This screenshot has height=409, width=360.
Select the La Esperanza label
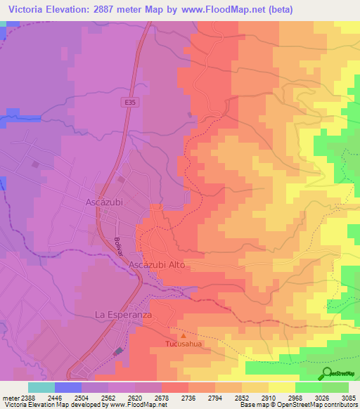tap(124, 315)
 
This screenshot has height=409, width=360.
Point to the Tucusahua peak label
tap(184, 344)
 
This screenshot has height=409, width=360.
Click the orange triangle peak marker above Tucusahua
tap(184, 335)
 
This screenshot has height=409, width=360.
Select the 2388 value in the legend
tap(26, 397)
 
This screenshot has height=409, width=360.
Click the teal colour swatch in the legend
tap(41, 387)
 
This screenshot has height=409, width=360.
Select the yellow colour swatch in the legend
tap(282, 387)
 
